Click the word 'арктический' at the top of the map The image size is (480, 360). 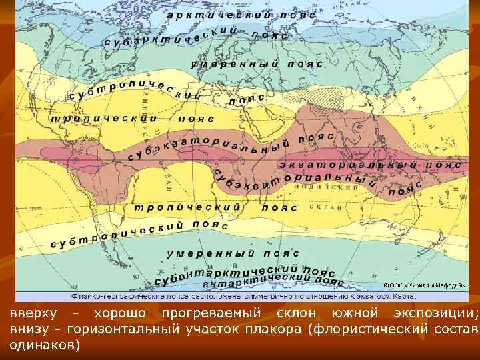click(211, 15)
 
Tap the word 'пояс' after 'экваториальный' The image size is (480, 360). click(444, 163)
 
